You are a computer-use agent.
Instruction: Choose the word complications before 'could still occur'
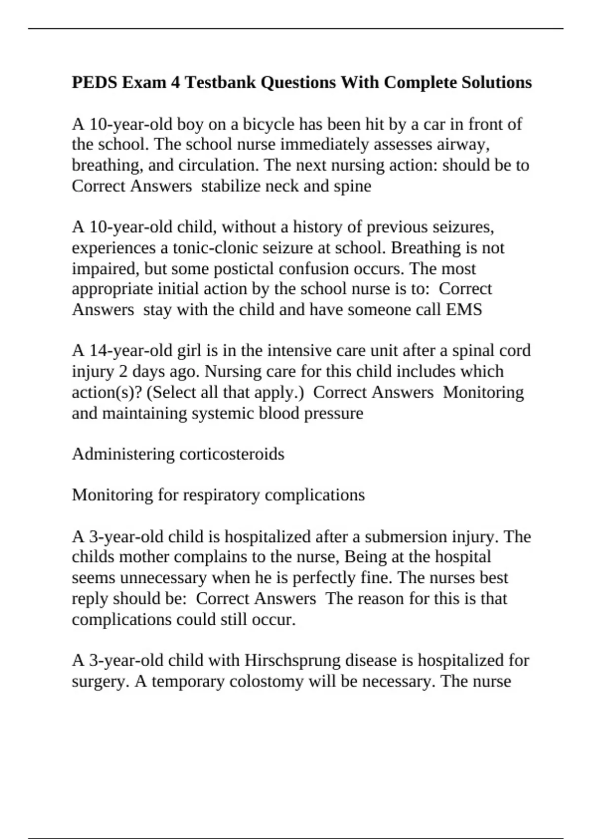pyautogui.click(x=119, y=619)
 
